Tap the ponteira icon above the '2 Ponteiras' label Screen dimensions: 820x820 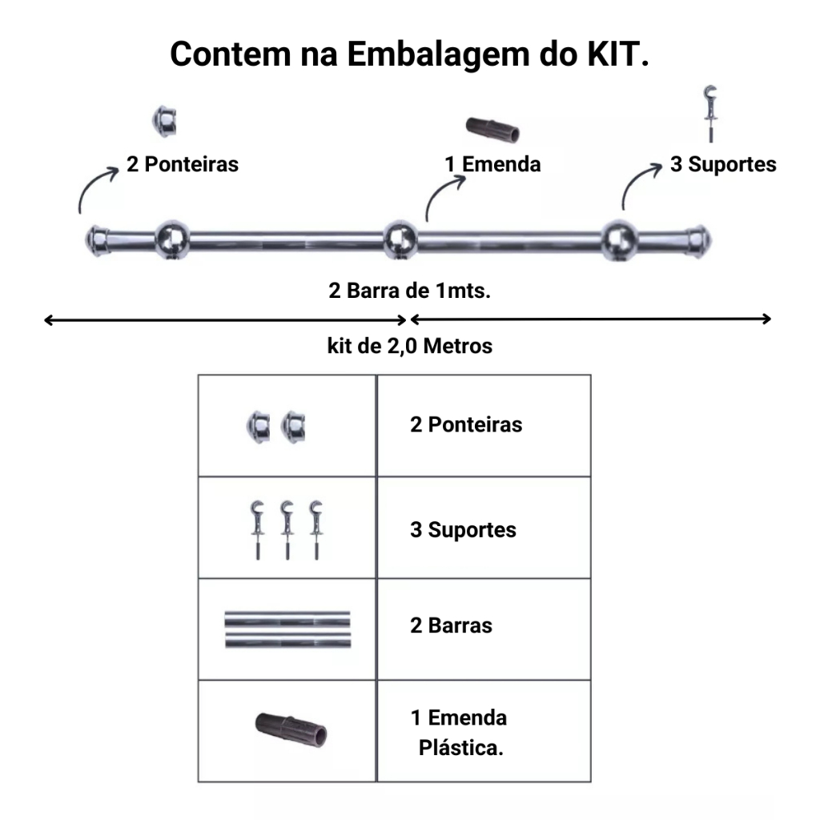click(x=167, y=121)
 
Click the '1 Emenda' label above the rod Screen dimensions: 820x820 click(x=493, y=164)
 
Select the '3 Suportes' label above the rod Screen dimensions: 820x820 click(x=723, y=164)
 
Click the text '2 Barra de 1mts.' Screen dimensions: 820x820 click(x=409, y=290)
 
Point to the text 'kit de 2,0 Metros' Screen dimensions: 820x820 click(x=409, y=347)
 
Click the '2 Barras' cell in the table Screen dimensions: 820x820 click(x=451, y=625)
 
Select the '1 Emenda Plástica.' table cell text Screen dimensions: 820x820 click(x=460, y=733)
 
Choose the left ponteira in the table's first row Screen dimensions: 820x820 click(x=258, y=427)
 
